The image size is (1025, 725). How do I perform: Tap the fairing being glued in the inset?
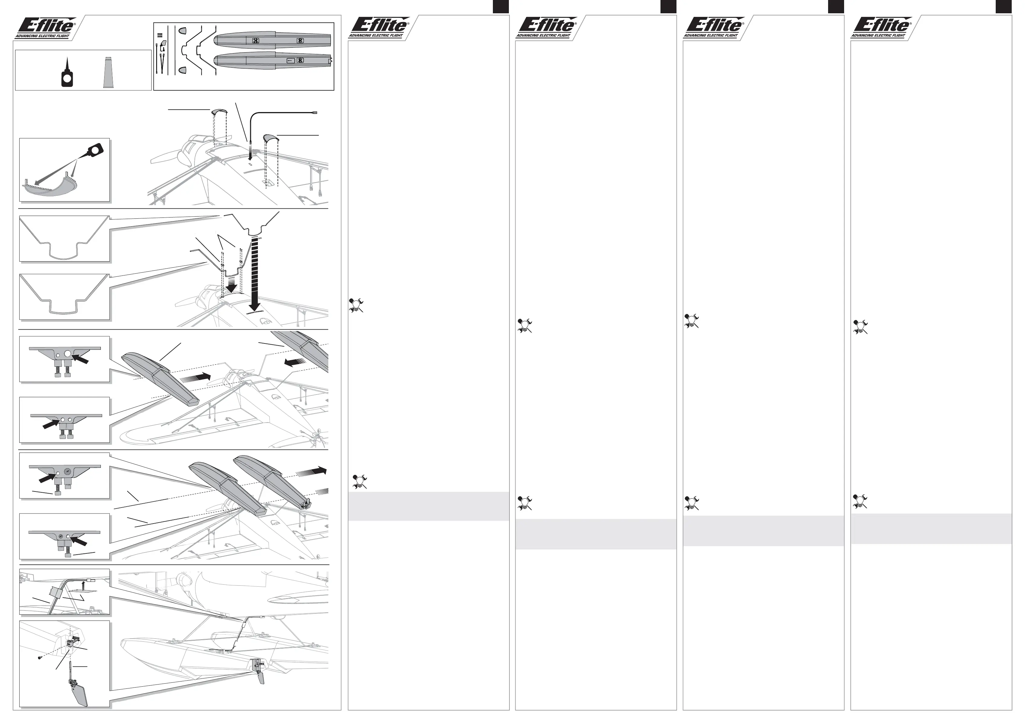click(x=49, y=188)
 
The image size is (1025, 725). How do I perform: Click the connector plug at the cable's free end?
click(x=315, y=113)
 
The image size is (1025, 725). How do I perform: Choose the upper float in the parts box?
click(x=272, y=40)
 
